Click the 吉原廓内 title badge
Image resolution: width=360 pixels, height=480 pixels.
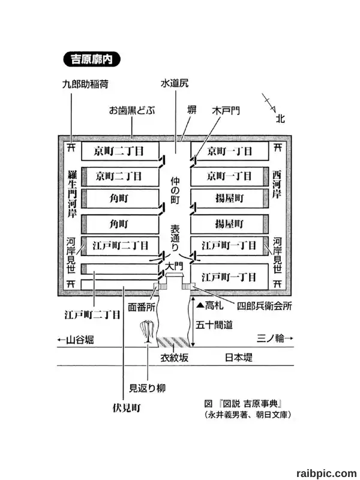click(x=92, y=59)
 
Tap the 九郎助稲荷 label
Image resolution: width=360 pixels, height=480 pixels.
click(x=85, y=84)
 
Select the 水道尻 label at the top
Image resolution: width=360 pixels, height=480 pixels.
click(x=175, y=83)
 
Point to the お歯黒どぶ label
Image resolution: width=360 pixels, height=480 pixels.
click(x=132, y=110)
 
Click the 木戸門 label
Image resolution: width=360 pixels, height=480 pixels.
click(x=226, y=110)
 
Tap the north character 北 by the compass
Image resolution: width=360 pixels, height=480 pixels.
click(x=280, y=118)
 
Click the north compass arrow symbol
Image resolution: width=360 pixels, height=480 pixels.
click(x=269, y=103)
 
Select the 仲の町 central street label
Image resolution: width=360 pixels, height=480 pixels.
click(x=175, y=190)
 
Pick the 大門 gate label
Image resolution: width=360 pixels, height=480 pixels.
click(x=174, y=266)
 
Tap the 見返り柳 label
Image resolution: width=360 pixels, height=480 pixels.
click(x=147, y=388)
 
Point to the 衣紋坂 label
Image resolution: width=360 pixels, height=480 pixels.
click(x=175, y=358)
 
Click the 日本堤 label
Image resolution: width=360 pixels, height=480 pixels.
click(x=239, y=357)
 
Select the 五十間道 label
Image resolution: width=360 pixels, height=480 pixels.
click(x=214, y=325)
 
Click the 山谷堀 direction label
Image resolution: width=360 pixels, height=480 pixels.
click(x=76, y=340)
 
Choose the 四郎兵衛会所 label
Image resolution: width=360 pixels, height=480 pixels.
click(x=265, y=306)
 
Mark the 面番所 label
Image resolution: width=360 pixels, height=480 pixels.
click(x=142, y=307)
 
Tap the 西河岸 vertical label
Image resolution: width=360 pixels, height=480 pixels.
click(x=277, y=185)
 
